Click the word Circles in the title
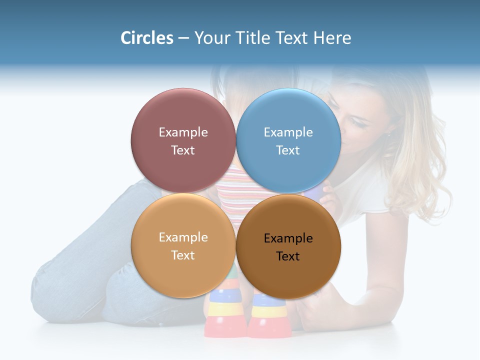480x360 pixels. click(146, 38)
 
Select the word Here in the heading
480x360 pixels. click(332, 38)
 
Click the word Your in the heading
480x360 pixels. click(212, 38)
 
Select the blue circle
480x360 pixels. click(288, 115)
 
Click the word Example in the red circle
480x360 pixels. click(183, 132)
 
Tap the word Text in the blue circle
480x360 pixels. click(288, 150)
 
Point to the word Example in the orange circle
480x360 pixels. click(183, 237)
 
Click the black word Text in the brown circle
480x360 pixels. click(288, 256)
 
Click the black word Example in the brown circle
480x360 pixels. click(288, 238)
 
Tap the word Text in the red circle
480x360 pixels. click(183, 150)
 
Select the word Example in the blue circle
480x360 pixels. click(288, 132)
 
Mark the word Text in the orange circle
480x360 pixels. click(183, 255)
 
